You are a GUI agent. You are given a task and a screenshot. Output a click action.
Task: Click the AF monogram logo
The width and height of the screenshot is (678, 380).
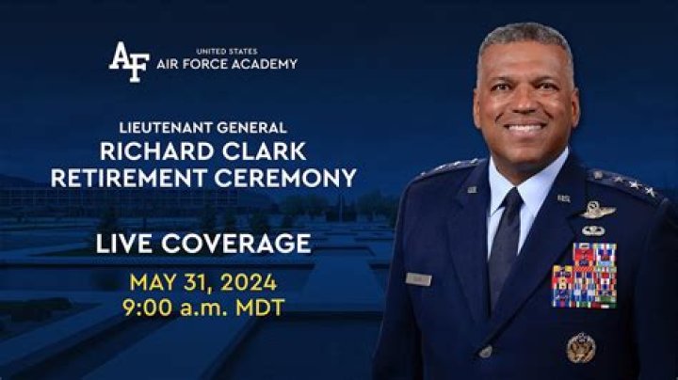129,61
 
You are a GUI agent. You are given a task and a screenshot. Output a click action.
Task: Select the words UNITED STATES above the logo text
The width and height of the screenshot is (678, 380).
227,52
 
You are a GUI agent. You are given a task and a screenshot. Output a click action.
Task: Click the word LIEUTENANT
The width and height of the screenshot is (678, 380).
166,127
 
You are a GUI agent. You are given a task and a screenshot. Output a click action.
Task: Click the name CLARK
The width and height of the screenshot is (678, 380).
265,151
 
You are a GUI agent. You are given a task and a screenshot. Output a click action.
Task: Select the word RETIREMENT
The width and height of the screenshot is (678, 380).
129,178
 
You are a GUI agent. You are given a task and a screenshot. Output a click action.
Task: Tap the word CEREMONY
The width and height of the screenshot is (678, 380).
285,178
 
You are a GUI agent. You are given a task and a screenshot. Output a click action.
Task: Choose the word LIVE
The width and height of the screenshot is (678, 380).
124,243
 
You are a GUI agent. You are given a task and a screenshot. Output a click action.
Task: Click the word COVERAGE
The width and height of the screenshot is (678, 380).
236,243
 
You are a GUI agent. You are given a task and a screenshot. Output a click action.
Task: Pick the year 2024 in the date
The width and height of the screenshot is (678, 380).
249,283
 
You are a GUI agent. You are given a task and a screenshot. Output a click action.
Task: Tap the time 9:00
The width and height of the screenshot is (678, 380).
147,308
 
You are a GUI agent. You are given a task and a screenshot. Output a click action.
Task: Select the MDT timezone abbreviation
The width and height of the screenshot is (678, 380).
260,308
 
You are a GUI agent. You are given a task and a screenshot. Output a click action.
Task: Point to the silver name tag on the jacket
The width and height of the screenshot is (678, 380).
418,279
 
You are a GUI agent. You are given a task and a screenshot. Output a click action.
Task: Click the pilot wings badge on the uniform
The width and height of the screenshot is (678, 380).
598,210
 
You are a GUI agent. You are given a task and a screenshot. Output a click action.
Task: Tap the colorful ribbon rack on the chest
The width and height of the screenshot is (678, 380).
584,275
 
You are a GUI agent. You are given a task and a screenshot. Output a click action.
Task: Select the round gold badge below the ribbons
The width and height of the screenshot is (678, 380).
581,348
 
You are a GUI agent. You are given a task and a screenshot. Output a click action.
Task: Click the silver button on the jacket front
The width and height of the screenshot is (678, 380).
486,352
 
